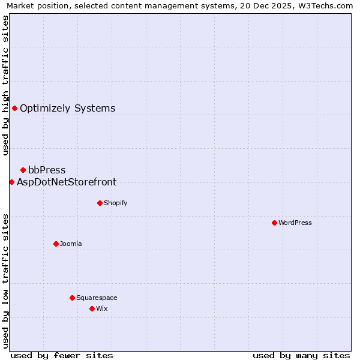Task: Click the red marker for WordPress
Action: (x=274, y=223)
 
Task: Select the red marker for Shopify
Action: (x=100, y=203)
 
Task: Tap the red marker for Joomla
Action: (x=56, y=244)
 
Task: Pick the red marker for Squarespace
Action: (x=72, y=298)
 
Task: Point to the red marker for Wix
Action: (x=92, y=308)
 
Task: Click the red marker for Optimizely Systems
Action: (x=14, y=108)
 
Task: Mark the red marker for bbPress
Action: (x=23, y=170)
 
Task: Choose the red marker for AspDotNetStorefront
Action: (x=11, y=182)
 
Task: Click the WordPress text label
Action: (x=295, y=223)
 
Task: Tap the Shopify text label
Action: (x=116, y=203)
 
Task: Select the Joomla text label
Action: (x=71, y=244)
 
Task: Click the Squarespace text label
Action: (x=97, y=298)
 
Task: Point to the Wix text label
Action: (x=102, y=308)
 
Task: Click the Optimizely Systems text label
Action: (x=68, y=109)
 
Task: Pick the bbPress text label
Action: (x=47, y=170)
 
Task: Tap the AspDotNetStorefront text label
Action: (x=67, y=182)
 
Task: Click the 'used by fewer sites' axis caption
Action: (x=62, y=355)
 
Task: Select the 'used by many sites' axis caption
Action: (x=301, y=355)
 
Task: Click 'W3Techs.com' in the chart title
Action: (x=326, y=6)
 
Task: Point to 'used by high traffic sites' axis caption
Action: (x=6, y=86)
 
